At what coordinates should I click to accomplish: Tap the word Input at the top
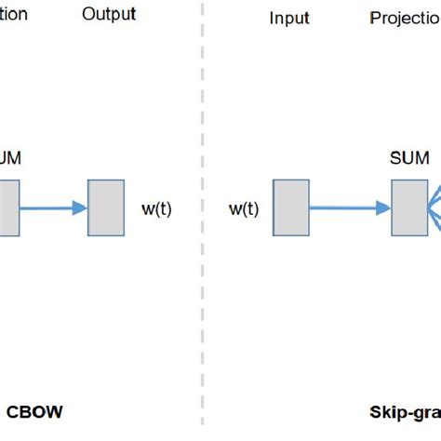(288, 19)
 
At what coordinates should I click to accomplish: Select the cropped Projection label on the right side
(405, 19)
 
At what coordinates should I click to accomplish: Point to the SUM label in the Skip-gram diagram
(408, 158)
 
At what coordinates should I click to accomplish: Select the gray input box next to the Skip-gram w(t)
(291, 208)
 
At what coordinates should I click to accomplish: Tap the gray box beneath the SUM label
(408, 208)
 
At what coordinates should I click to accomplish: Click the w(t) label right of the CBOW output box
(155, 209)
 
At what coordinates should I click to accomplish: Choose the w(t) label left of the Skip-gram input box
(243, 209)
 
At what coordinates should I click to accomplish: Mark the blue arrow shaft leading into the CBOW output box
(47, 208)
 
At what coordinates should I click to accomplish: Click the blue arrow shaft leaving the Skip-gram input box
(344, 208)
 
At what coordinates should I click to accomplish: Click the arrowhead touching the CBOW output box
(79, 208)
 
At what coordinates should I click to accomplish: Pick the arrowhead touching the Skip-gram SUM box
(382, 208)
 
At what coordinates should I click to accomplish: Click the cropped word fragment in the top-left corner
(13, 14)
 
